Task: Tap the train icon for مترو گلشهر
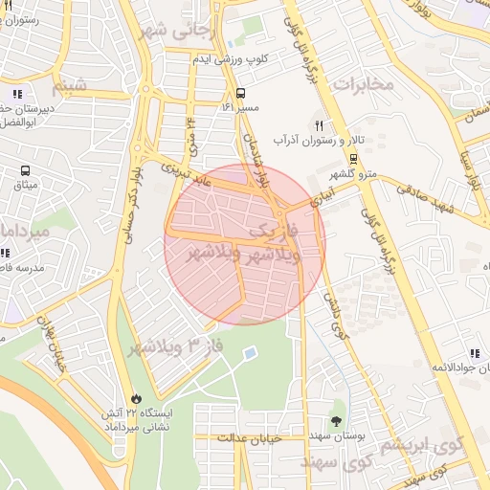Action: tap(354, 159)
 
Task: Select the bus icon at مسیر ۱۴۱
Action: tap(239, 94)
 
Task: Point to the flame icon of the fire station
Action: tap(136, 398)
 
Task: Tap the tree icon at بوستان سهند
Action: tap(336, 420)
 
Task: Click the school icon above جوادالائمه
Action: tap(474, 353)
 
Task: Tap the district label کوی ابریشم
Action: tap(422, 445)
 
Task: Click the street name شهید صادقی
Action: tap(427, 190)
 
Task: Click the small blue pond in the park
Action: tap(249, 354)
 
